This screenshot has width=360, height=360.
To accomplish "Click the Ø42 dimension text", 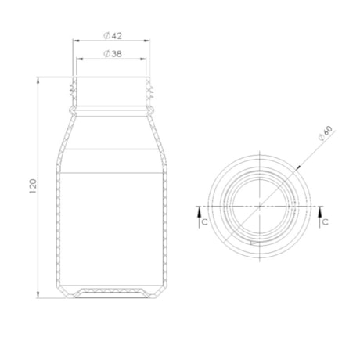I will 110,35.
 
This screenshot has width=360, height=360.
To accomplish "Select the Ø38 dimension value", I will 110,53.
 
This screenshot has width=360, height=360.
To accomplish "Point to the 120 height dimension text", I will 32,187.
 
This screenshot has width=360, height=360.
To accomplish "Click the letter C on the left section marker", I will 203,223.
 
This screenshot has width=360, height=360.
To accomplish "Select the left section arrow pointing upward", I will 199,210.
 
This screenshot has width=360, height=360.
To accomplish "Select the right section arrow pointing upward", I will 320,210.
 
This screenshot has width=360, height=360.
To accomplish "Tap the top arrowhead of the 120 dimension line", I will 40,79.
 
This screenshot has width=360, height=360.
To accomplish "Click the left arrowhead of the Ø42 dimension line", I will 75,41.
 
